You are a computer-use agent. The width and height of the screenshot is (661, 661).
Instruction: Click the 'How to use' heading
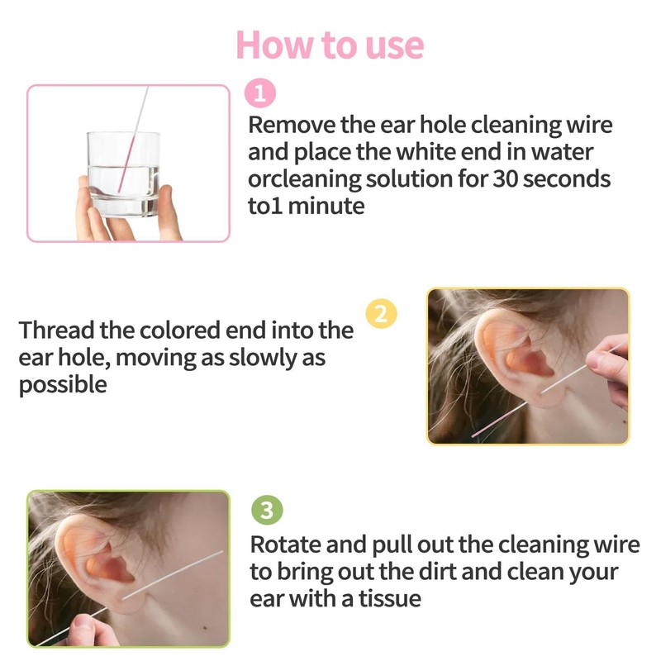click(330, 45)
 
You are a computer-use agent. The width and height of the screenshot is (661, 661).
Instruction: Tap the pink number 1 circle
click(261, 94)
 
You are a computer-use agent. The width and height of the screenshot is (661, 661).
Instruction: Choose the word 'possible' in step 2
click(63, 385)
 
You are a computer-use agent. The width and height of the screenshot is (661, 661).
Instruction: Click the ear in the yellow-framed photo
click(512, 355)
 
